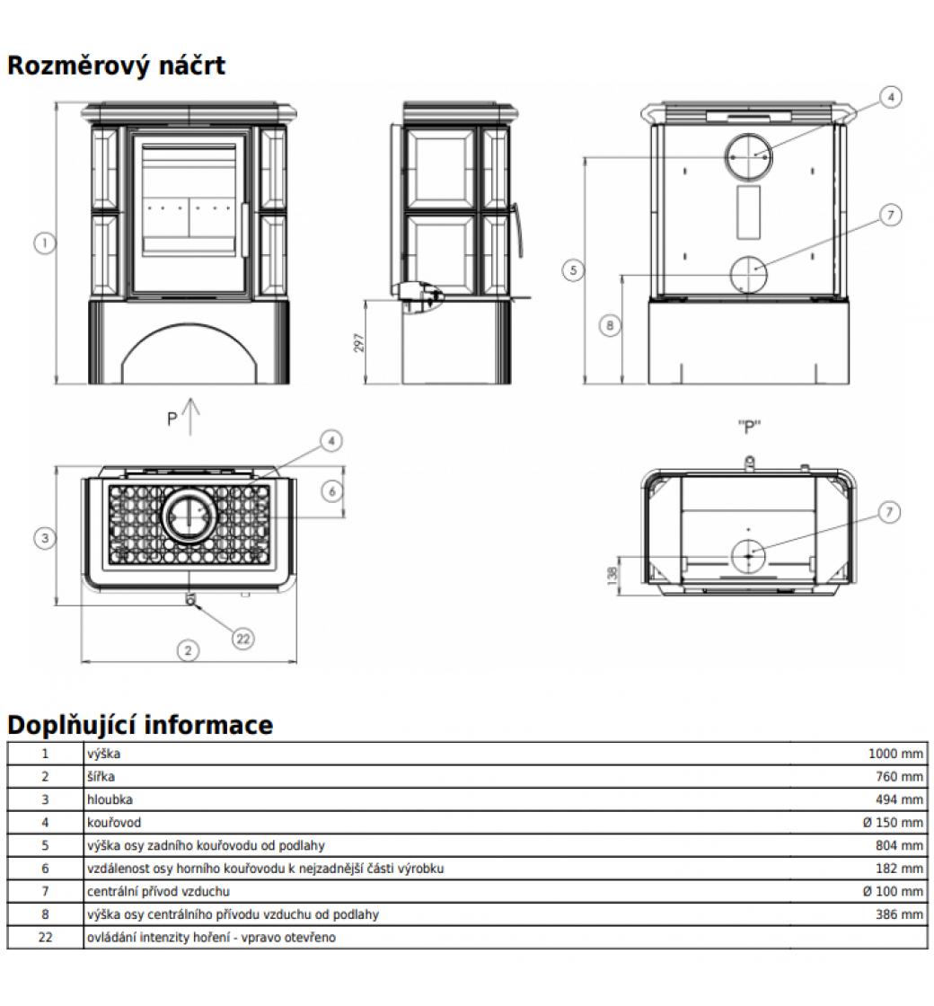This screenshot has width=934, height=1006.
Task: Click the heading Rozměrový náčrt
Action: click(117, 66)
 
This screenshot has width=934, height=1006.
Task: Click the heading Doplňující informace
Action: click(140, 725)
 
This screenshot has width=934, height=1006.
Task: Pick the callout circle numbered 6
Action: click(332, 491)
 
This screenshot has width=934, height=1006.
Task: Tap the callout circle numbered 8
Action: click(611, 325)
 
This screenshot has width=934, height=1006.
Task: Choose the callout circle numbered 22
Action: click(242, 639)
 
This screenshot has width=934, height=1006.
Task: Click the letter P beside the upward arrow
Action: click(172, 419)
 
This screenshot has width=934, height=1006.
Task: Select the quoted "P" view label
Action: click(749, 428)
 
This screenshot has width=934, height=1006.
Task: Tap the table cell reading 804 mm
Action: click(899, 846)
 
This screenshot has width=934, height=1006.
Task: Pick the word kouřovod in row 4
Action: click(114, 823)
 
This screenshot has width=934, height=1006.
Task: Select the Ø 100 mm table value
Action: click(893, 892)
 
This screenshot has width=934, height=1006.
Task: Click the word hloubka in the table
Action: click(110, 799)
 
